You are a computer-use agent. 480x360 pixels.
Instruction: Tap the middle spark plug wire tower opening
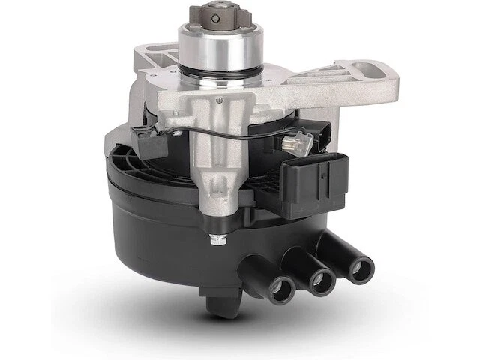pyautogui.click(x=320, y=280)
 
